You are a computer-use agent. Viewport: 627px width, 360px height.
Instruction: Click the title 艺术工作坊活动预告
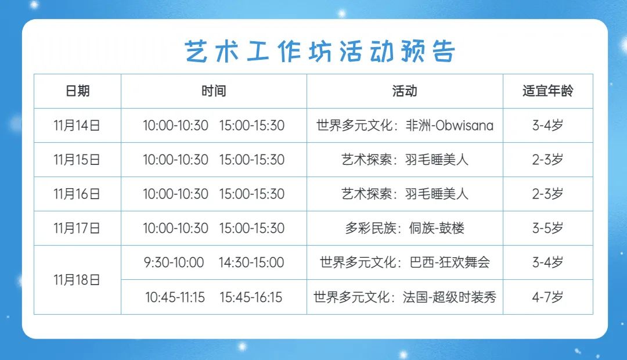click(x=320, y=51)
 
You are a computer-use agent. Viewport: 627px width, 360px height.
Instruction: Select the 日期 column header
click(x=78, y=91)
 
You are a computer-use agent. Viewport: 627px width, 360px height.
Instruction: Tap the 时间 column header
click(x=214, y=91)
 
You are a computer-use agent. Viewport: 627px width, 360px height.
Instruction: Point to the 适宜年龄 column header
click(x=547, y=91)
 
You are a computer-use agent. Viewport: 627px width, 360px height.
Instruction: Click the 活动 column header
click(x=404, y=91)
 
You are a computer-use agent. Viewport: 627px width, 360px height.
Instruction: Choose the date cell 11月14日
click(x=77, y=125)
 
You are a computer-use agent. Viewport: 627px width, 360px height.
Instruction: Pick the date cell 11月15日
click(x=77, y=160)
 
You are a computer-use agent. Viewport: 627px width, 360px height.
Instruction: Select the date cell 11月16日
click(x=77, y=194)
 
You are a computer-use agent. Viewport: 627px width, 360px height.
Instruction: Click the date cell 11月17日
click(x=77, y=228)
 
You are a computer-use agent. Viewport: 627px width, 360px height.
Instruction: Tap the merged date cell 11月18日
click(x=77, y=280)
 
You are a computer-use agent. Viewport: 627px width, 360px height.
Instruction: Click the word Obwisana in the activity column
click(x=464, y=125)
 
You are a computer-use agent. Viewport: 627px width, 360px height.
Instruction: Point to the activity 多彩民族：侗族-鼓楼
click(x=405, y=228)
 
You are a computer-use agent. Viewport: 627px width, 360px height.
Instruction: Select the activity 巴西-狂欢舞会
click(x=450, y=263)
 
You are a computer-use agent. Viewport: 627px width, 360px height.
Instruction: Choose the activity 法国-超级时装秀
click(x=449, y=297)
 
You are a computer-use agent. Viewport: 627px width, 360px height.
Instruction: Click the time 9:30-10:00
click(x=174, y=263)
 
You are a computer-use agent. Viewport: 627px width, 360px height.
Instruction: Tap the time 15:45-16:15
click(x=251, y=297)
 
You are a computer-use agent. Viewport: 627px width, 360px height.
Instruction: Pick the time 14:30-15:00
click(x=251, y=263)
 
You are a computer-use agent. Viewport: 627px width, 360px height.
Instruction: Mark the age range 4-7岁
click(x=547, y=297)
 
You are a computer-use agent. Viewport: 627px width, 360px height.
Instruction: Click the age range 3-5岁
click(x=547, y=228)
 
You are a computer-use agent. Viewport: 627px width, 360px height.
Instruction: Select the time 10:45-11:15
click(x=175, y=297)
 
